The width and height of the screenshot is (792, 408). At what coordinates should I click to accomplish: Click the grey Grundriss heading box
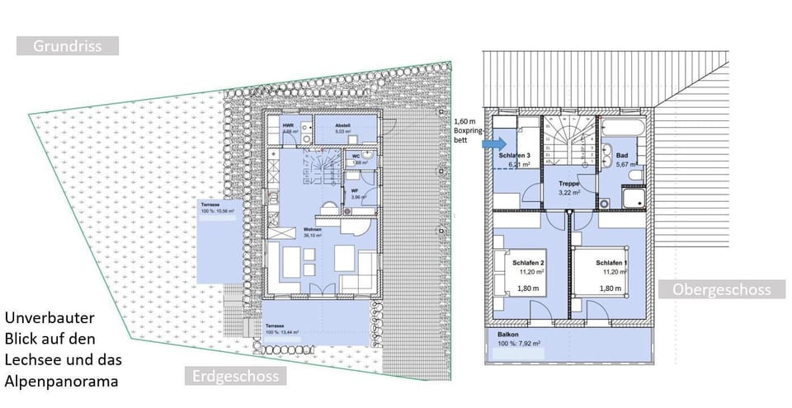(68, 46)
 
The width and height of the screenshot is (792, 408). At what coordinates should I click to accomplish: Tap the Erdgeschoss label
(234, 377)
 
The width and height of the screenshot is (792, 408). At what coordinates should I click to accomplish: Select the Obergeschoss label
(721, 289)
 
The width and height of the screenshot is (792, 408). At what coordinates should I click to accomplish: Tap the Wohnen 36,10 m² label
(312, 232)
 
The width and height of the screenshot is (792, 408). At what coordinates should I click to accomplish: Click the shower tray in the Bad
(634, 198)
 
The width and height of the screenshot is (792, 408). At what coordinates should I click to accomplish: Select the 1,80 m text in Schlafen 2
(527, 289)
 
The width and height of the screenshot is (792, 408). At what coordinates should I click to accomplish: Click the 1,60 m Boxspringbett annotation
(468, 130)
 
